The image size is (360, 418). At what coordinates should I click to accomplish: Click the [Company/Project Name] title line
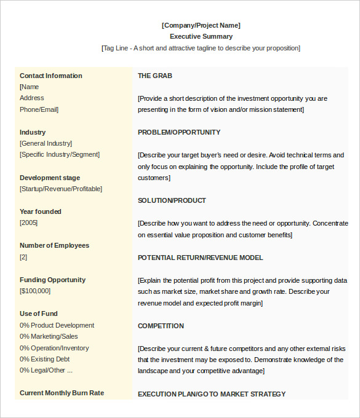(x=201, y=25)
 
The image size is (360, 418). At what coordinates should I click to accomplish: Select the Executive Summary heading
(x=201, y=36)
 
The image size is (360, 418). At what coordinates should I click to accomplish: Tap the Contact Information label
(x=50, y=76)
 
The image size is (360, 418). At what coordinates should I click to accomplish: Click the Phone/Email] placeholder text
(x=39, y=109)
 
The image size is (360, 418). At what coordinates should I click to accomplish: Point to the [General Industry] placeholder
(x=46, y=143)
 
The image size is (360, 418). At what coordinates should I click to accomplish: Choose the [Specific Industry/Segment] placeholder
(x=59, y=154)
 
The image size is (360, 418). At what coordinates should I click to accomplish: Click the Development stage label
(x=50, y=178)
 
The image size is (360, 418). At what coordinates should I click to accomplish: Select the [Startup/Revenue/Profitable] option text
(x=61, y=189)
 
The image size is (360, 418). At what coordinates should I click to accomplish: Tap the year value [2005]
(x=28, y=223)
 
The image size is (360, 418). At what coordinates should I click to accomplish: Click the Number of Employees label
(x=54, y=245)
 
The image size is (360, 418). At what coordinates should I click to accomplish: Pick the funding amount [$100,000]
(x=35, y=291)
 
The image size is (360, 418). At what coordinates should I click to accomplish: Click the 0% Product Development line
(x=57, y=325)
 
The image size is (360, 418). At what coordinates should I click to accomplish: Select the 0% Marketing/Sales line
(x=49, y=336)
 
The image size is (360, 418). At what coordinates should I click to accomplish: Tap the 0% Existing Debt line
(x=44, y=359)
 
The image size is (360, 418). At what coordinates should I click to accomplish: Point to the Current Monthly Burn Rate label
(x=62, y=393)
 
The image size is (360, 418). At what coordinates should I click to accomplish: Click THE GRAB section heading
(x=155, y=76)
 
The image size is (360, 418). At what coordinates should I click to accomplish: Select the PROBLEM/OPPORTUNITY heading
(x=179, y=132)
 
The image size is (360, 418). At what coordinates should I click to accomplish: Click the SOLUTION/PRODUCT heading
(x=172, y=200)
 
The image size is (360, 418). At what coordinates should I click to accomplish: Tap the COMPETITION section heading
(x=161, y=326)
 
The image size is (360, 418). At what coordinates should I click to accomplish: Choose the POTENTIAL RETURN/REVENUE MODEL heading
(x=200, y=258)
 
